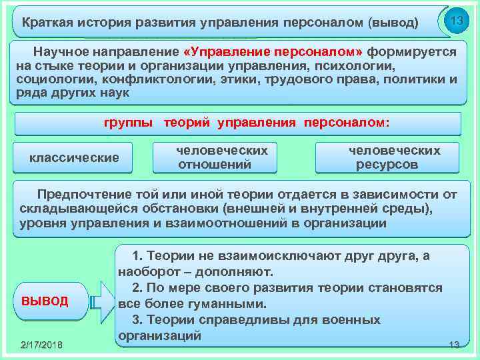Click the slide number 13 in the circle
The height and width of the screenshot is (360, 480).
457,21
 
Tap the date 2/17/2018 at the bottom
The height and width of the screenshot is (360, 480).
41,344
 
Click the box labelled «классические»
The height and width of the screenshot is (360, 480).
74,158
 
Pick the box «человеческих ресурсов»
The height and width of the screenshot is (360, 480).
387,158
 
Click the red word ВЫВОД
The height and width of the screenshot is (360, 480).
45,301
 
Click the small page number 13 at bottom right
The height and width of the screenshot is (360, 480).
454,344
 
